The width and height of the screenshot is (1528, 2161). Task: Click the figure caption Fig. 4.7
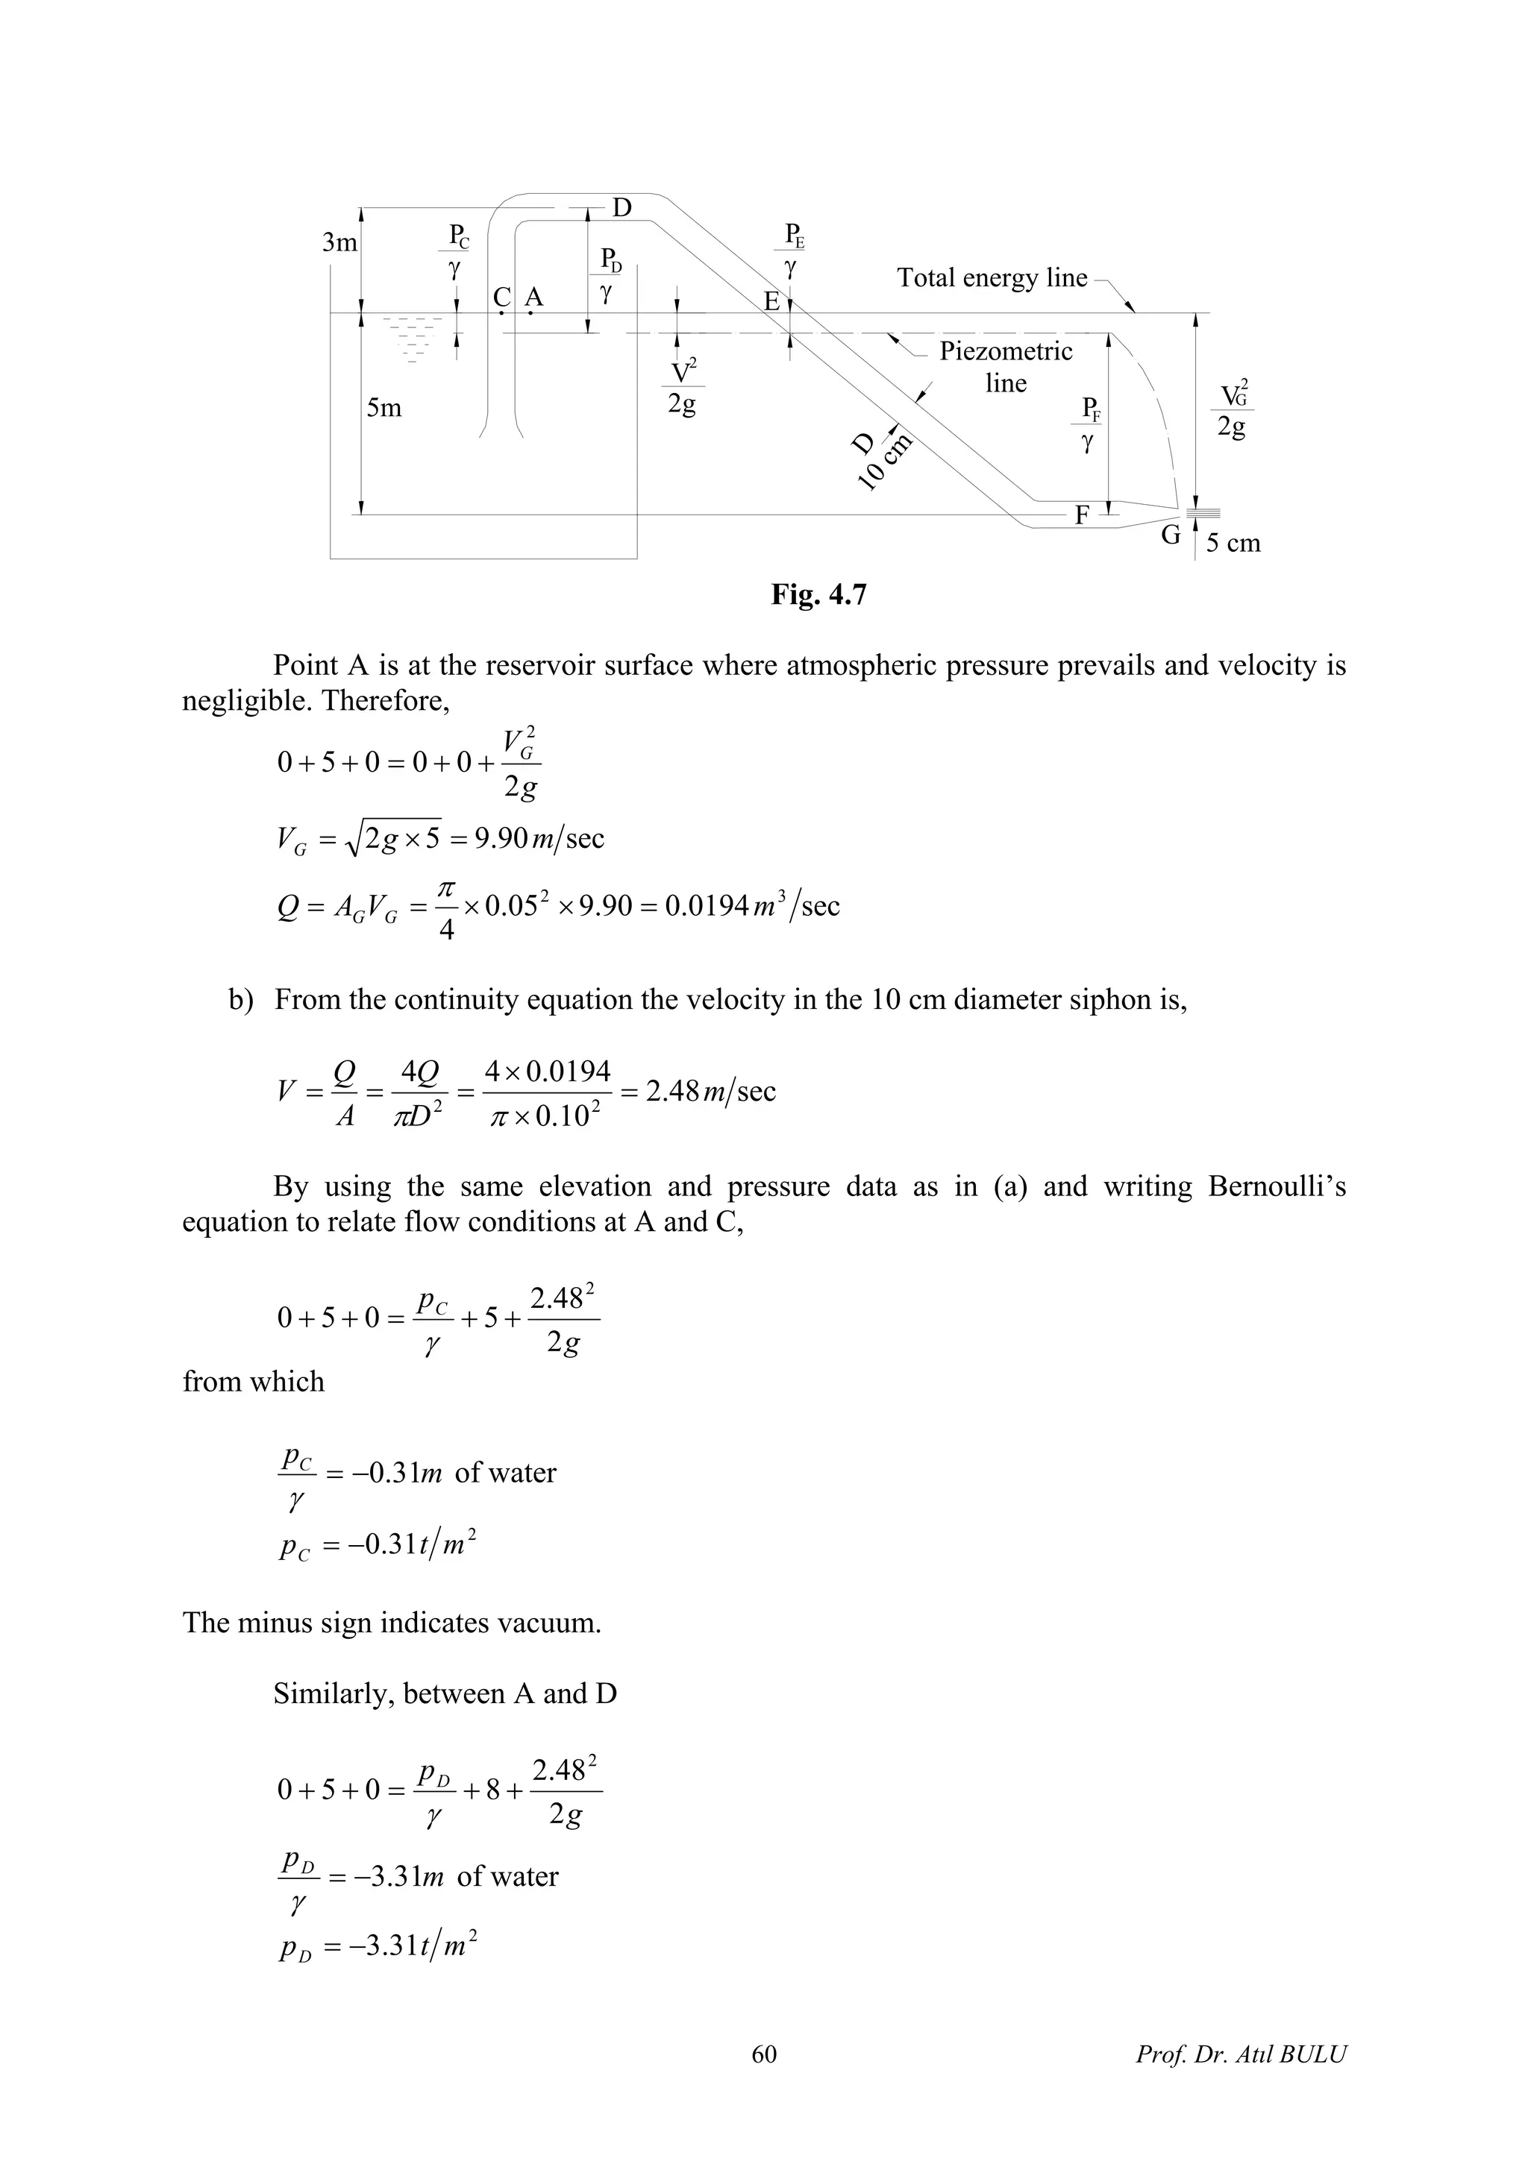click(x=818, y=595)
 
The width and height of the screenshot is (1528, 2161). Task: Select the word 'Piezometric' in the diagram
click(x=1006, y=351)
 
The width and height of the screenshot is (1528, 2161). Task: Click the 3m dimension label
click(x=340, y=243)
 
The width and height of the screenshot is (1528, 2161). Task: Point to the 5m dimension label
click(x=384, y=408)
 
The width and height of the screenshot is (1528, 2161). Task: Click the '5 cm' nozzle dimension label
click(x=1233, y=543)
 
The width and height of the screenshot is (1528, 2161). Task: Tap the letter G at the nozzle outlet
click(x=1170, y=535)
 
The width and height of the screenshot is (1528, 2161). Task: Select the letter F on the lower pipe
click(x=1082, y=515)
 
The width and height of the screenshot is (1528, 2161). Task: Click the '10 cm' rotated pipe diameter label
click(x=885, y=461)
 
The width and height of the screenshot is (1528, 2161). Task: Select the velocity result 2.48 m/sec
click(x=710, y=1091)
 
